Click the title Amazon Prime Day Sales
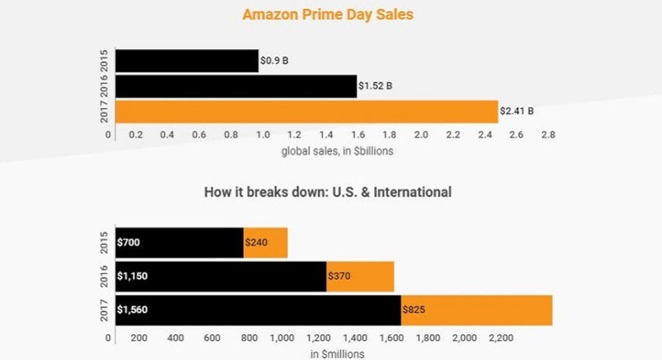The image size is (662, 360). pos(328,14)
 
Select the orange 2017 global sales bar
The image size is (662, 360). pos(306,112)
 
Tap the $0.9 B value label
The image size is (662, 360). pos(274,61)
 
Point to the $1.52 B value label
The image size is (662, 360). pos(375,86)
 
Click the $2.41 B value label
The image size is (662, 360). pos(517,112)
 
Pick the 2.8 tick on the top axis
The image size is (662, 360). pos(548,134)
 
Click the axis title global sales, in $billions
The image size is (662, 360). pos(337,151)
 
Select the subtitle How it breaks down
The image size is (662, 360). pos(328,192)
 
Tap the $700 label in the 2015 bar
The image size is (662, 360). pos(129,243)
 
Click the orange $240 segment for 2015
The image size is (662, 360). pos(265,243)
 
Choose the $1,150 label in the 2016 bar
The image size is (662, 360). pos(133,275)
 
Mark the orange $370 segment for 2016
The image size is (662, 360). pos(360,275)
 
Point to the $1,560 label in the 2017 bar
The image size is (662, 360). pos(133,309)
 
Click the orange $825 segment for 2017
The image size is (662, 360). pos(476,309)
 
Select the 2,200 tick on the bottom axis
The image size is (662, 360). pos(501,338)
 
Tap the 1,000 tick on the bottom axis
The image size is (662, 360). pos(282,338)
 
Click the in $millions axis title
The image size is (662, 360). pos(337,354)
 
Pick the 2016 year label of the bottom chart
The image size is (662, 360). pos(105,275)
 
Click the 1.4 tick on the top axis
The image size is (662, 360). pos(326,134)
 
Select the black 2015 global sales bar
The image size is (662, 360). pos(186,61)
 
